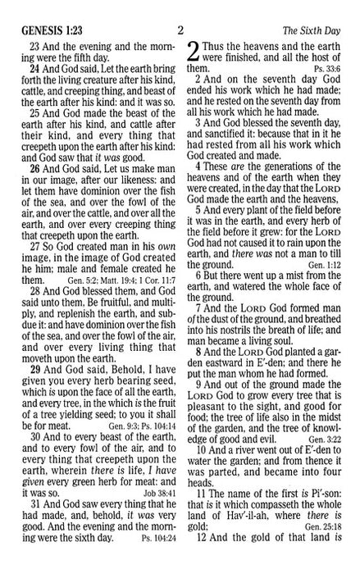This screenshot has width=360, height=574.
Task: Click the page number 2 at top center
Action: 180,11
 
